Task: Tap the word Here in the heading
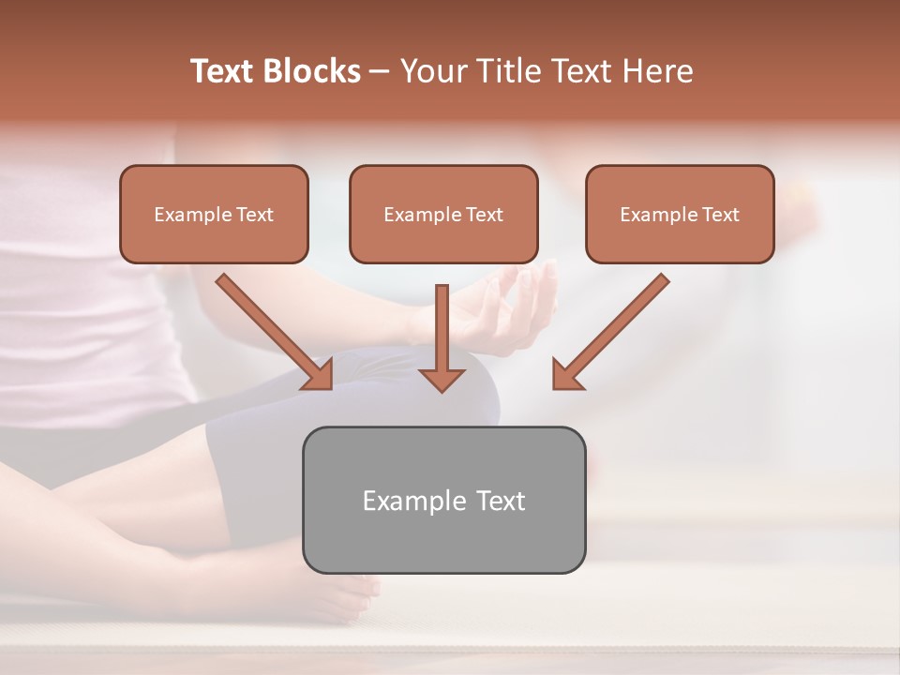(x=657, y=71)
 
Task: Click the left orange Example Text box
(x=214, y=214)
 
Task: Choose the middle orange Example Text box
(x=443, y=214)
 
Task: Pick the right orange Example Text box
(x=680, y=214)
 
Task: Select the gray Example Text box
(x=443, y=500)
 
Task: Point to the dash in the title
(x=380, y=72)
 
